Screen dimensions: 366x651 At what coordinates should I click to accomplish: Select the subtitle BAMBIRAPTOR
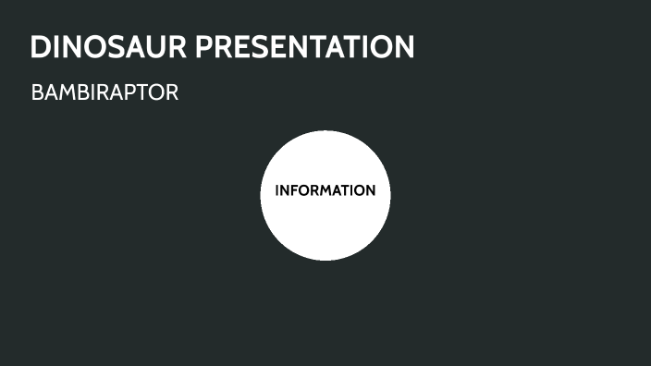click(104, 93)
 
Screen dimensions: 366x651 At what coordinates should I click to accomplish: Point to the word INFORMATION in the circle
click(325, 191)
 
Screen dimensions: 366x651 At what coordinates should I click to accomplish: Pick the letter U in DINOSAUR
click(156, 47)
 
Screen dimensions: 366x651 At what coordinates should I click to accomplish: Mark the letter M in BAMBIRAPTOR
click(70, 93)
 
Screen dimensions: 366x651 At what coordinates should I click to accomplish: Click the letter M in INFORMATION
click(327, 191)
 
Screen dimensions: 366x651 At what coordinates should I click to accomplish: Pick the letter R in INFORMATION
click(315, 191)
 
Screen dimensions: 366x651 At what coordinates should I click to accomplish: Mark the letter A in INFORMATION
click(339, 191)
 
